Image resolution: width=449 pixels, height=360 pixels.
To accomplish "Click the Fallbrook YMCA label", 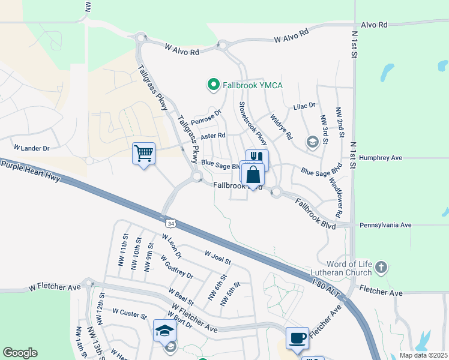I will [x=253, y=85].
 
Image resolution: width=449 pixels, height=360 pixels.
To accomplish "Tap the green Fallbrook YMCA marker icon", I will [x=212, y=85].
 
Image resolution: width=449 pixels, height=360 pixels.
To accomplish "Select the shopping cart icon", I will [x=143, y=154].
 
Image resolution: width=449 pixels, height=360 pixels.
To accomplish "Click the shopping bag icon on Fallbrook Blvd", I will [x=253, y=175].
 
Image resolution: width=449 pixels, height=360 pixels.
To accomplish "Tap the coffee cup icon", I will [x=297, y=338].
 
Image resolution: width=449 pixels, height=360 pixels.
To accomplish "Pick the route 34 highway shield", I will [x=172, y=223].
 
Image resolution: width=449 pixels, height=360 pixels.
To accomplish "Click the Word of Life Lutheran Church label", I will [x=349, y=269].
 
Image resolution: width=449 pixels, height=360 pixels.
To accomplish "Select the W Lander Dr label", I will [x=31, y=147].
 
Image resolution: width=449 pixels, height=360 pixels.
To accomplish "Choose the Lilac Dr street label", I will [x=304, y=106].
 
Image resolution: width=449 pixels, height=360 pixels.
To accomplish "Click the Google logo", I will [x=20, y=353].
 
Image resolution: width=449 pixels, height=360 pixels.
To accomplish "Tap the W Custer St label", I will [x=130, y=313].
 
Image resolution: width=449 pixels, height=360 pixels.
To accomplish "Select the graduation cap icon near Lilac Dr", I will [x=312, y=142].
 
